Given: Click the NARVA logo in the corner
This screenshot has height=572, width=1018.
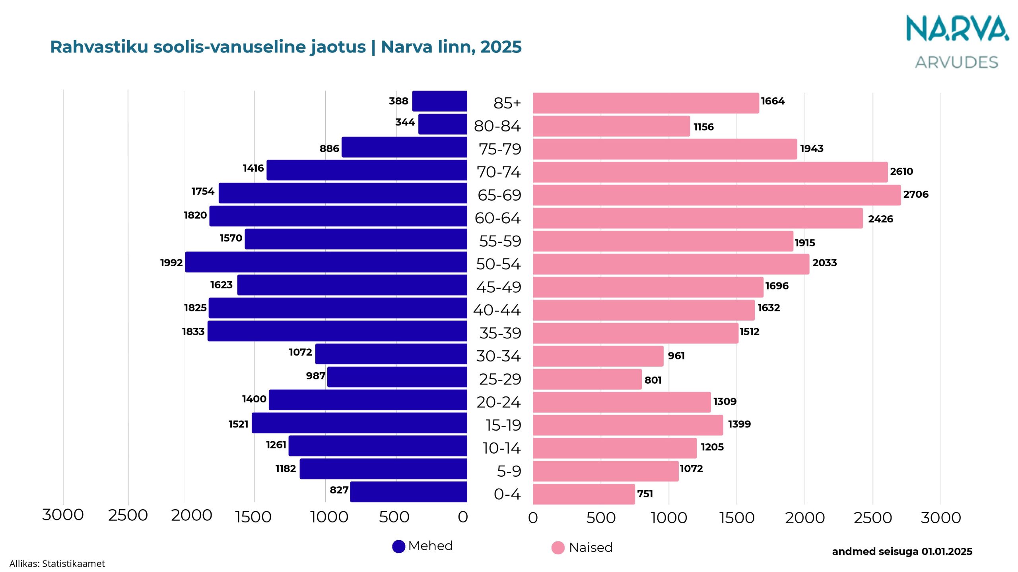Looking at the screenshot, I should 957,29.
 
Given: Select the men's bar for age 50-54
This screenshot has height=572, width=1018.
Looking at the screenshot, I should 326,262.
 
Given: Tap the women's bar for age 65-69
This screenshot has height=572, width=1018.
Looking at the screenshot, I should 717,195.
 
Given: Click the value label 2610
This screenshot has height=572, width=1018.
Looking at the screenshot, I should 901,172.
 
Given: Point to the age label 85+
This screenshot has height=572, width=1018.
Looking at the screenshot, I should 507,103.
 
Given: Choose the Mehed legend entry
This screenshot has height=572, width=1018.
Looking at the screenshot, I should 422,546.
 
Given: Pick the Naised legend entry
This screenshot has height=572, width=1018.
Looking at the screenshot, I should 582,548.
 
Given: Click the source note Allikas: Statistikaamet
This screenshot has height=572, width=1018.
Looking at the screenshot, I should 57,564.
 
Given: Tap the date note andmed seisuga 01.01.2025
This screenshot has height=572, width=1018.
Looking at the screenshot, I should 902,552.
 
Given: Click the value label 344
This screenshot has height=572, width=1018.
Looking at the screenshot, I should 405,122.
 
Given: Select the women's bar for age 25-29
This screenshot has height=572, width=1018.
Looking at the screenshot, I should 587,379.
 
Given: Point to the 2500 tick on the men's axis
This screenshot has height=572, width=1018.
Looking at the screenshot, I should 128,516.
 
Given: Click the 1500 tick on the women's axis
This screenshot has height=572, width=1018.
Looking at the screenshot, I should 737,518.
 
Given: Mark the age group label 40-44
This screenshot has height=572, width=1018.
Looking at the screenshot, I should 497,310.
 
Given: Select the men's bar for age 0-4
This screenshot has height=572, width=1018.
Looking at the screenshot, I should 408,492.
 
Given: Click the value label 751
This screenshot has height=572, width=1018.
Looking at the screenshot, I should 645,494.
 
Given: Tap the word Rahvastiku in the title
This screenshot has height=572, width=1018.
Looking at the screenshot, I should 99,47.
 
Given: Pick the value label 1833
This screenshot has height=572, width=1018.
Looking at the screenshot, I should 193,332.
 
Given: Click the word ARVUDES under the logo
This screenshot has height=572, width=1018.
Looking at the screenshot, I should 956,63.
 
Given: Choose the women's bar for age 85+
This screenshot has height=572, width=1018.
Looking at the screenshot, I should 646,103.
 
